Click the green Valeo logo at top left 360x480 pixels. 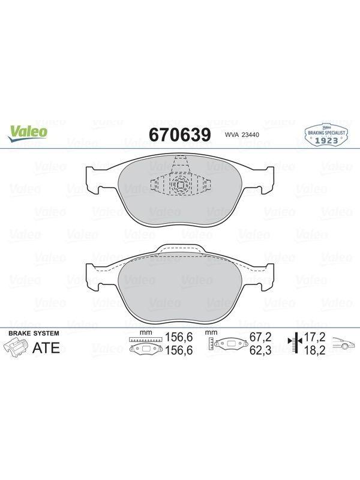point(28,134)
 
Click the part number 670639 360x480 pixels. point(180,134)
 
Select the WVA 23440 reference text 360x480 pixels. point(242,134)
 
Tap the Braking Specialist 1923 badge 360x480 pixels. point(326,135)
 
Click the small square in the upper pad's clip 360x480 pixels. point(180,185)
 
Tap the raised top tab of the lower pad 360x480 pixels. point(180,248)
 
